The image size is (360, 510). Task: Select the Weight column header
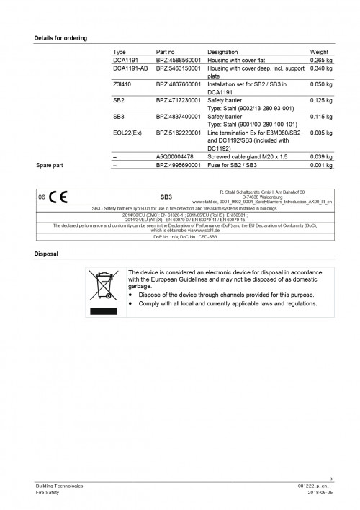click(x=320, y=53)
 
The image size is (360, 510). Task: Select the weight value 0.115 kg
click(x=321, y=116)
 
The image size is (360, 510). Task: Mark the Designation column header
click(x=227, y=53)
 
